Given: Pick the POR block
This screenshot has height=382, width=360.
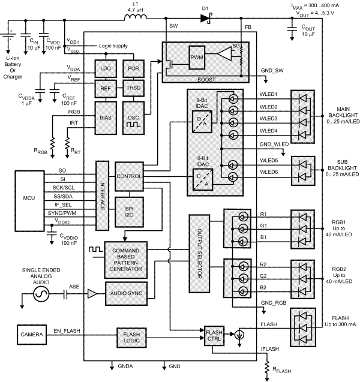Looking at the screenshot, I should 133,69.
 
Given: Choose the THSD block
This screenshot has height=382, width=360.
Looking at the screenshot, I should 133,89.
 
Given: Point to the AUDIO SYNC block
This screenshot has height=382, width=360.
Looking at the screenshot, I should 126,293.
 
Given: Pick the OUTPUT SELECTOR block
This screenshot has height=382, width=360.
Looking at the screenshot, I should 199,248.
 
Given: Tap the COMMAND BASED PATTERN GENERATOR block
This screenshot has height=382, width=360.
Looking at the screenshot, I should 126,258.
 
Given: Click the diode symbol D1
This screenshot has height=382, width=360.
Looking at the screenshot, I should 206,19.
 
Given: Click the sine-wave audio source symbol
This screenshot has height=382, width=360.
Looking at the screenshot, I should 41,294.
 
